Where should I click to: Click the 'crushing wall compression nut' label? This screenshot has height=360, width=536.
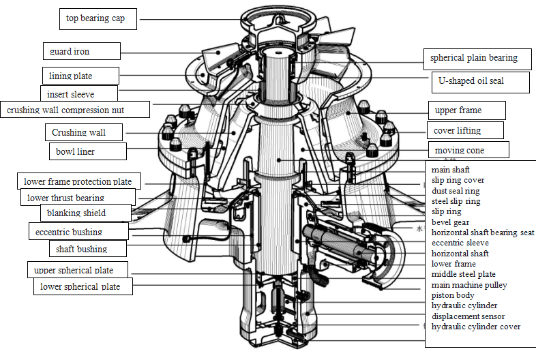coord(74,109)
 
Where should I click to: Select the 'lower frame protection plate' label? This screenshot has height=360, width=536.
coord(78,181)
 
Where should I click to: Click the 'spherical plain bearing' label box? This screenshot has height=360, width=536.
coord(473,58)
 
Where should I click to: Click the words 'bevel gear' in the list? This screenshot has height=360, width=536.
coord(451,222)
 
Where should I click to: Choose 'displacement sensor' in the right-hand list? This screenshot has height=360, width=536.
coord(468,316)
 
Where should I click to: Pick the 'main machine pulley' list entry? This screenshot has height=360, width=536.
coord(469,285)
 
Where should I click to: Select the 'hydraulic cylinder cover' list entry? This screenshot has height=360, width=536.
coord(475,327)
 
